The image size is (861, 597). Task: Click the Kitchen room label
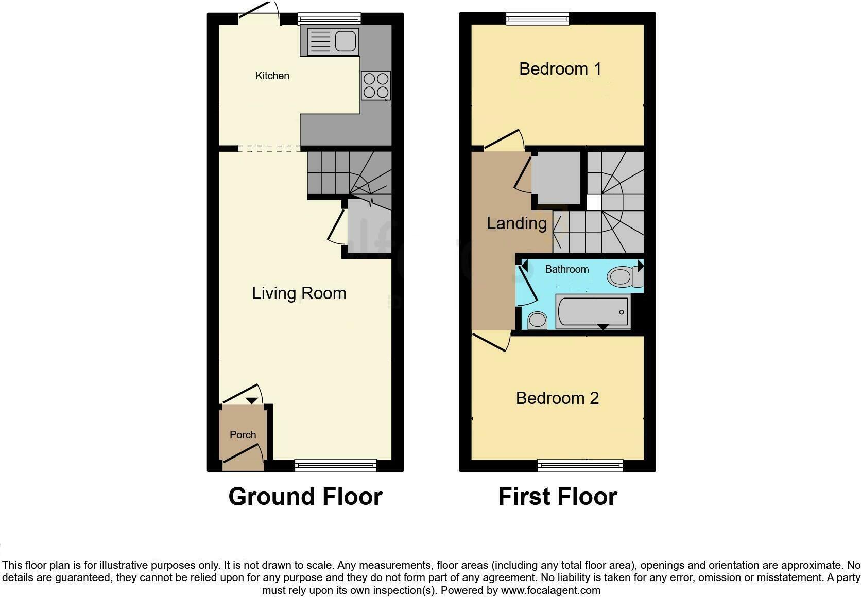coord(272,76)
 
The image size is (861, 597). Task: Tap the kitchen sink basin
coord(345,41)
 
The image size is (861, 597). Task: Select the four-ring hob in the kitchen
coord(376,85)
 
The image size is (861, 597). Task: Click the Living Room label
coord(299,293)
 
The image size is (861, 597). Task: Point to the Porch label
coord(243,434)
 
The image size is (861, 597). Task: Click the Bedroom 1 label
coord(560,69)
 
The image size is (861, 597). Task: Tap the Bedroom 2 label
coord(557,398)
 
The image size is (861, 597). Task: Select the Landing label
coord(516,223)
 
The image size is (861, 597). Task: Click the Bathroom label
coord(567,269)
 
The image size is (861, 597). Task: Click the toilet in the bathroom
coord(625,276)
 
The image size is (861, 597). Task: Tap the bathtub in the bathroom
coord(593,311)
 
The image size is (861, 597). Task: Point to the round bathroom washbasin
coord(538,321)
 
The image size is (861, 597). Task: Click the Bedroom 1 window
coord(538,19)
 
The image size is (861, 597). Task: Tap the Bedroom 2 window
coord(580,466)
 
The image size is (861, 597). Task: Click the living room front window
coord(336,466)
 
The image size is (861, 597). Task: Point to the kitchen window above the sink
coord(330,19)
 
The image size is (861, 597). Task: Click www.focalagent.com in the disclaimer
coord(551,590)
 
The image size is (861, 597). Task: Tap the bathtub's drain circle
coord(622,312)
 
